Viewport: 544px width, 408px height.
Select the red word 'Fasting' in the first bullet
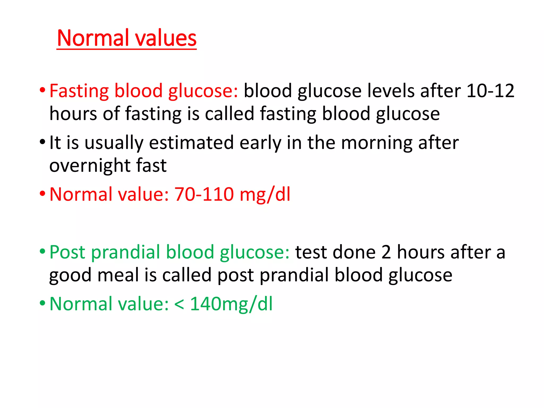coord(79,91)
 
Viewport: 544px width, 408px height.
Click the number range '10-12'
coord(490,91)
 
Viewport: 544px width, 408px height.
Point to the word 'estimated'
coord(191,143)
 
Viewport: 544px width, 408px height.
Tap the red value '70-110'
coord(204,194)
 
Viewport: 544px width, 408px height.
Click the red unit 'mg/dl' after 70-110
coord(265,195)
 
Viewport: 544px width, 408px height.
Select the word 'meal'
coord(118,275)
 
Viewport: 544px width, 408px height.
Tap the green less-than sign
coord(179,304)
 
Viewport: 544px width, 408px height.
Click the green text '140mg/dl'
coord(231,304)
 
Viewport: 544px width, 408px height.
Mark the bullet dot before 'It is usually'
coord(42,142)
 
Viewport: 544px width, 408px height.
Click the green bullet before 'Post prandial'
coord(42,251)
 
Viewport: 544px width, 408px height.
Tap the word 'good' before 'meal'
coord(70,275)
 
